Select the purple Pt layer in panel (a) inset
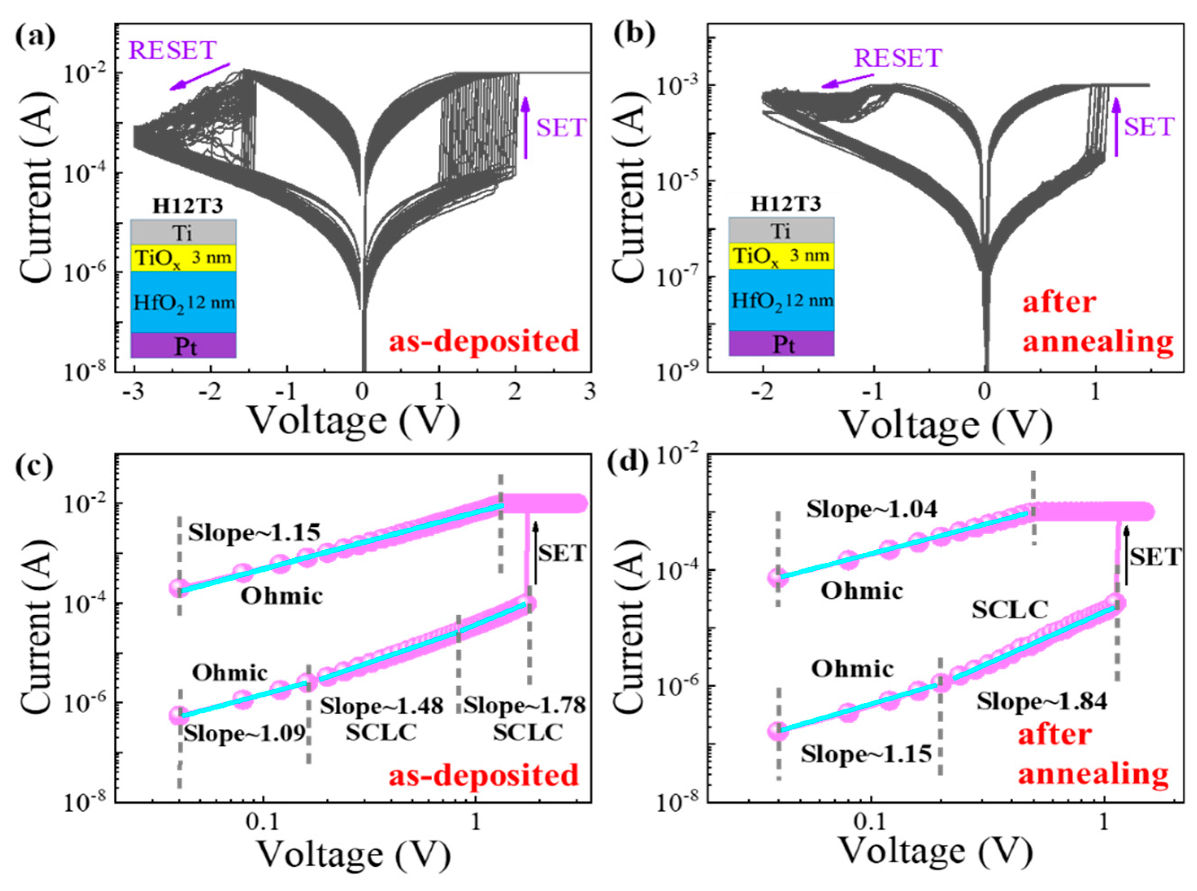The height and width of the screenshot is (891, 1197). click(183, 345)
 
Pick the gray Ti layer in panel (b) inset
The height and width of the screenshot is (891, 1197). click(781, 231)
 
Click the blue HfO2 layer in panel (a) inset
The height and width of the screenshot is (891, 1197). click(183, 302)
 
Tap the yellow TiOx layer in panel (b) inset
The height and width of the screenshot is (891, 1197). click(781, 256)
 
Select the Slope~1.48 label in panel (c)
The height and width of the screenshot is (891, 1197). click(381, 706)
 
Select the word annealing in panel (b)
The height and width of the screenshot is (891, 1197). click(1097, 341)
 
